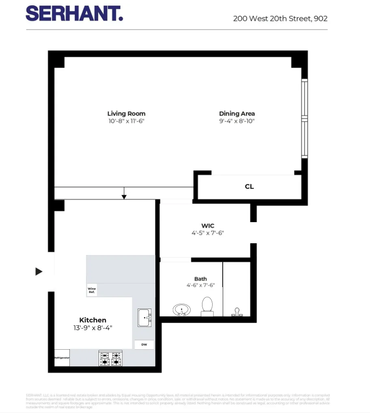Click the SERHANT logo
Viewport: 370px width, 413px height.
click(74, 14)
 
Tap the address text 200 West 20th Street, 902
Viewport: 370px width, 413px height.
click(280, 19)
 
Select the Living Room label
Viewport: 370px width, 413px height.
click(126, 114)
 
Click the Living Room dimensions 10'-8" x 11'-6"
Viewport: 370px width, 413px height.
click(126, 121)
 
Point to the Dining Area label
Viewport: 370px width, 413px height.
click(237, 114)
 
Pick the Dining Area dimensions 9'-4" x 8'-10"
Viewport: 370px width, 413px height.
click(237, 121)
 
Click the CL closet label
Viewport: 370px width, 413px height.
click(249, 187)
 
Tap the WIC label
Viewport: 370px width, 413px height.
click(208, 226)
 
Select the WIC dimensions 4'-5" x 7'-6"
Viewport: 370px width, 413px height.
click(208, 233)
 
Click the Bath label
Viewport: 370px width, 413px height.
click(200, 279)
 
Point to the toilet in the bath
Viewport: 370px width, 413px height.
click(207, 305)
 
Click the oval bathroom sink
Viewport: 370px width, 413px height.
click(182, 310)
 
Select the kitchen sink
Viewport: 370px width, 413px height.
click(144, 318)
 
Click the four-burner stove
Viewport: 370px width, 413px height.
click(111, 358)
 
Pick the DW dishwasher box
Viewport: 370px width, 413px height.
click(144, 345)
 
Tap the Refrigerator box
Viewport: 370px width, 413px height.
click(62, 358)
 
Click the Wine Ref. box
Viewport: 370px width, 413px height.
click(92, 290)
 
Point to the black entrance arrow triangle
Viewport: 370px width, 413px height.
click(39, 272)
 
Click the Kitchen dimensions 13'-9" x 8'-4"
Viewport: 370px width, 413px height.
click(92, 328)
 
